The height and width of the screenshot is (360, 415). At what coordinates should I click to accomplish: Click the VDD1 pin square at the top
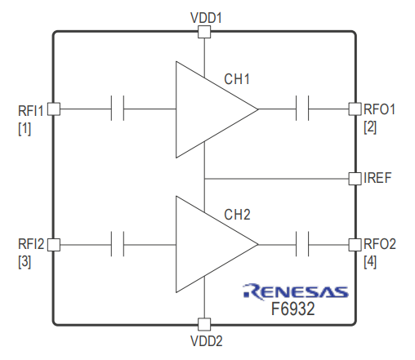pos(204,32)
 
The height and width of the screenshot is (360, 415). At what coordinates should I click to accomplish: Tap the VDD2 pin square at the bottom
pos(204,324)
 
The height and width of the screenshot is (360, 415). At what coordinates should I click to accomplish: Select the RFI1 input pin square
pos(54,109)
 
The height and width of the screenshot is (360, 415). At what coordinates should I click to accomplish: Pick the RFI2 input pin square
pos(54,244)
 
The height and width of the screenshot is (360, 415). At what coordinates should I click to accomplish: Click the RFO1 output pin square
pos(355,109)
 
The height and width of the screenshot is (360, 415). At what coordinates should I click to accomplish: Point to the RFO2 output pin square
pos(355,244)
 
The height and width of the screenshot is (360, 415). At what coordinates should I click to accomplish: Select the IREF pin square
pos(355,179)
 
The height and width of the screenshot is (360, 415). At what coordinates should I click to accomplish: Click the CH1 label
pos(237,79)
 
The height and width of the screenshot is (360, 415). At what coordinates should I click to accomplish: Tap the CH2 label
pos(237,215)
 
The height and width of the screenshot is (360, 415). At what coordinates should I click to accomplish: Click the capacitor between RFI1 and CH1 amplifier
pos(118,109)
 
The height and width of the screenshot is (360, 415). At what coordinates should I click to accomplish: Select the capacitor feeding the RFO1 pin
pos(302,109)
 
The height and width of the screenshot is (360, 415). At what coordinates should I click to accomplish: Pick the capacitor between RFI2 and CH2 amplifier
pos(118,244)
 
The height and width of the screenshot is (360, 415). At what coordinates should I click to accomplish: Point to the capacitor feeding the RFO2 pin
pos(302,244)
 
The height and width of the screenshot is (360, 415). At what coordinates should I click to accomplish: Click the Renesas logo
pos(296,291)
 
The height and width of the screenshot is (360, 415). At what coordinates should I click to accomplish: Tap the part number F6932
pos(293,309)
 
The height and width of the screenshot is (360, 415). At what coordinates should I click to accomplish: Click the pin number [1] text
pos(25,128)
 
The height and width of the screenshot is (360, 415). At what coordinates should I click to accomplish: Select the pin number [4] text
pos(370,262)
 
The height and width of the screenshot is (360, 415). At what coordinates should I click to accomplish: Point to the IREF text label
pos(377,178)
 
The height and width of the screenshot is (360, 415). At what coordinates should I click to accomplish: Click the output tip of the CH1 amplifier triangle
pos(257,109)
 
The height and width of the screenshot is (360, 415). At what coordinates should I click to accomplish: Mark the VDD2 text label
pos(207,341)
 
